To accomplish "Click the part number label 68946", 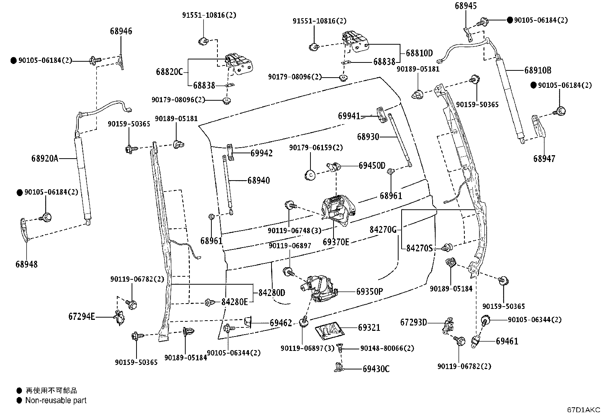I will tap(121, 31).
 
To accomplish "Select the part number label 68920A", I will tap(45, 159).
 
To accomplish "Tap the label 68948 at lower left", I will tap(26, 264).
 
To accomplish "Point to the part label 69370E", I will tap(336, 242).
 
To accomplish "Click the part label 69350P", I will tap(369, 292).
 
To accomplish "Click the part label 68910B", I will tap(538, 70).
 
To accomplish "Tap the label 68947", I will tap(544, 159).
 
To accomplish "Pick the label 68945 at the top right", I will tap(465, 6).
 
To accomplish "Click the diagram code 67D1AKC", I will tap(583, 410).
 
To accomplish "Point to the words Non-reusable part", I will tap(56, 400).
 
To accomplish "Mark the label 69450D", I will tap(372, 165).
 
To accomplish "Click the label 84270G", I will tap(383, 229).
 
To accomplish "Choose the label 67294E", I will tap(82, 316).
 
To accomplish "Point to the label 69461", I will tap(507, 341).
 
